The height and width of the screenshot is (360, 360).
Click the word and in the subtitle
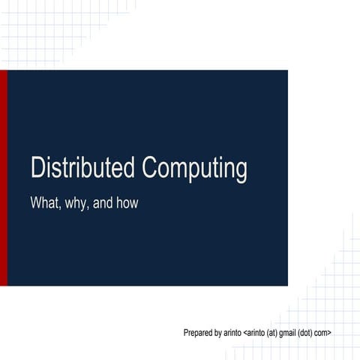(103, 202)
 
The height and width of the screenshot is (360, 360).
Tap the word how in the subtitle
(127, 202)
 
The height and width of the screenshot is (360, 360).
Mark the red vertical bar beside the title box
(4, 178)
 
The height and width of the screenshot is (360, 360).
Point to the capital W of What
(35, 202)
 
